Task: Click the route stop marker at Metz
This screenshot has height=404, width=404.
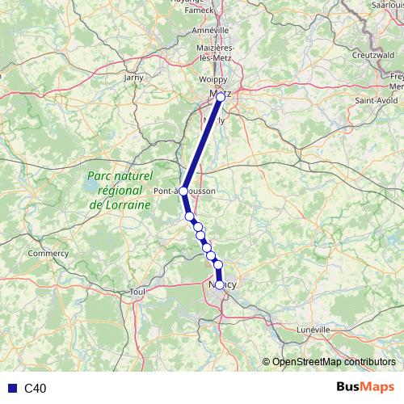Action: (x=220, y=96)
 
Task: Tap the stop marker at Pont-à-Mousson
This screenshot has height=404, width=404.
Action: (x=183, y=191)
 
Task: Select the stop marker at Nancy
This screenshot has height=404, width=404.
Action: (x=220, y=284)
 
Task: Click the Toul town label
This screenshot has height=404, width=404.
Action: (x=137, y=292)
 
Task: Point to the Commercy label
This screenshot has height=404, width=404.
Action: (x=48, y=253)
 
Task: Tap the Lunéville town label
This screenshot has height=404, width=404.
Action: (x=314, y=330)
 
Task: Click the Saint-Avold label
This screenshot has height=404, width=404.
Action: (x=374, y=101)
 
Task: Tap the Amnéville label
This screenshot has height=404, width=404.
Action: (x=212, y=29)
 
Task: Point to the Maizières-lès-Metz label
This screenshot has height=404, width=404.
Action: (x=213, y=54)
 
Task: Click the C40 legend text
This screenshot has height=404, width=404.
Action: (x=35, y=389)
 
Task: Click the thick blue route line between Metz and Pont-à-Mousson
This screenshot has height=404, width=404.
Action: (x=202, y=143)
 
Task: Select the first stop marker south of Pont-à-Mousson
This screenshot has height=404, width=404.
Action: (x=190, y=217)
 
